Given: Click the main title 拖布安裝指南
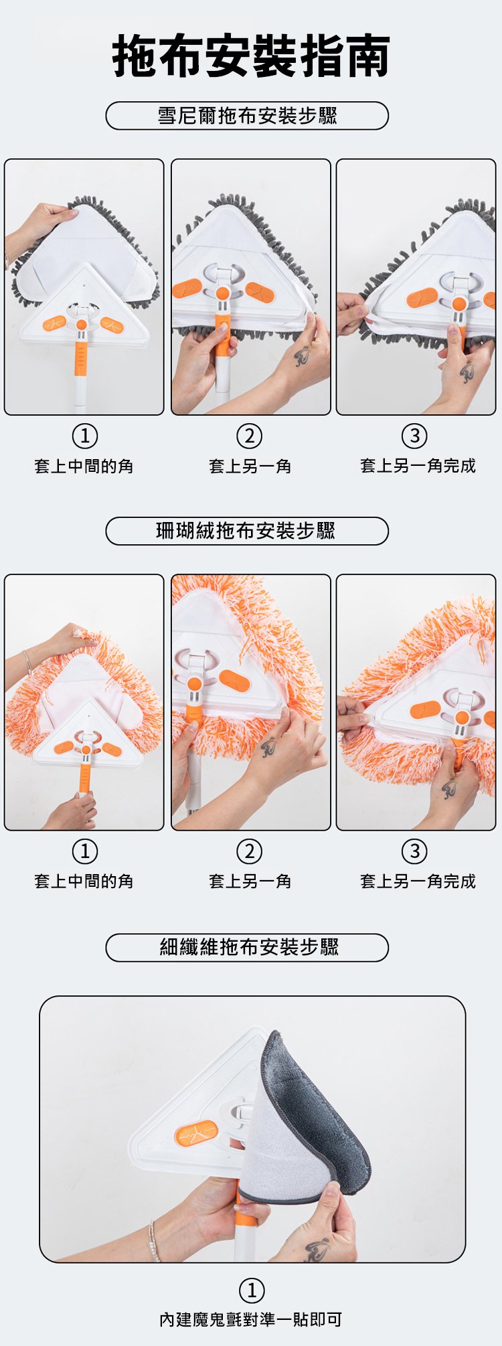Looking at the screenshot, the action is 251,56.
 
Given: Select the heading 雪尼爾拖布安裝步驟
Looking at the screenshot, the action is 247,116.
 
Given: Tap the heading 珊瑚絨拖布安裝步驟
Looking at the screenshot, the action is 246,531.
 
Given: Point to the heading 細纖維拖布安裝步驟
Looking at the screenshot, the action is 249,947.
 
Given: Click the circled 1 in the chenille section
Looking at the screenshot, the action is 84,436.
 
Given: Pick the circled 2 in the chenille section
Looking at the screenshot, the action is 250,436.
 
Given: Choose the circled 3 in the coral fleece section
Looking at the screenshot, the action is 414,851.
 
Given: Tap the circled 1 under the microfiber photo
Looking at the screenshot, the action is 252,1290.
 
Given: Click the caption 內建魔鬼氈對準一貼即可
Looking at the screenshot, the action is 250,1319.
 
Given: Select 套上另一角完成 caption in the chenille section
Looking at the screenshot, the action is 418,466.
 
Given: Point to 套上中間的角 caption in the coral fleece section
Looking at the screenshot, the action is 84,881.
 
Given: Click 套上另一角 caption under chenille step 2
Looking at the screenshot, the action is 250,466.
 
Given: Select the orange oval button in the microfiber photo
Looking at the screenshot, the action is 196,1132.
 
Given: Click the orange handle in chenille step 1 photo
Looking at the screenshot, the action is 81,359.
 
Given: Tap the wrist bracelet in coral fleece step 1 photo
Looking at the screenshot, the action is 27,662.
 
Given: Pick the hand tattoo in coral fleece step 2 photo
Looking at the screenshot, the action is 268,746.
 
